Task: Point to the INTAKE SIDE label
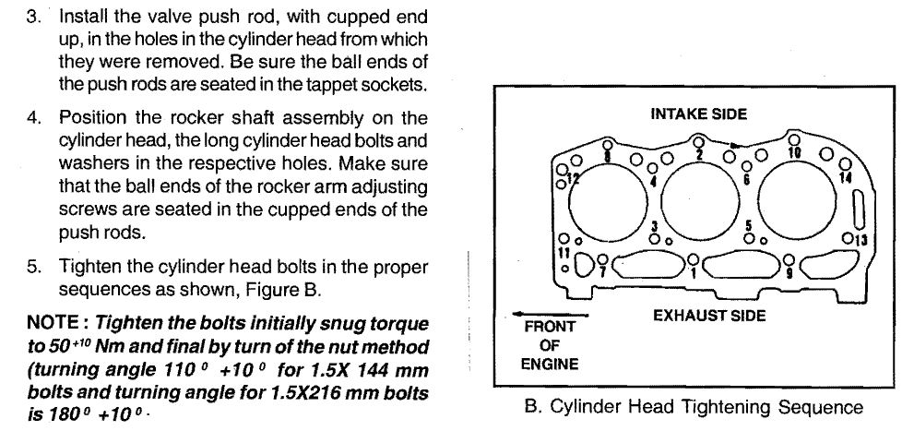[x=698, y=114]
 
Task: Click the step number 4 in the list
[x=33, y=118]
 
